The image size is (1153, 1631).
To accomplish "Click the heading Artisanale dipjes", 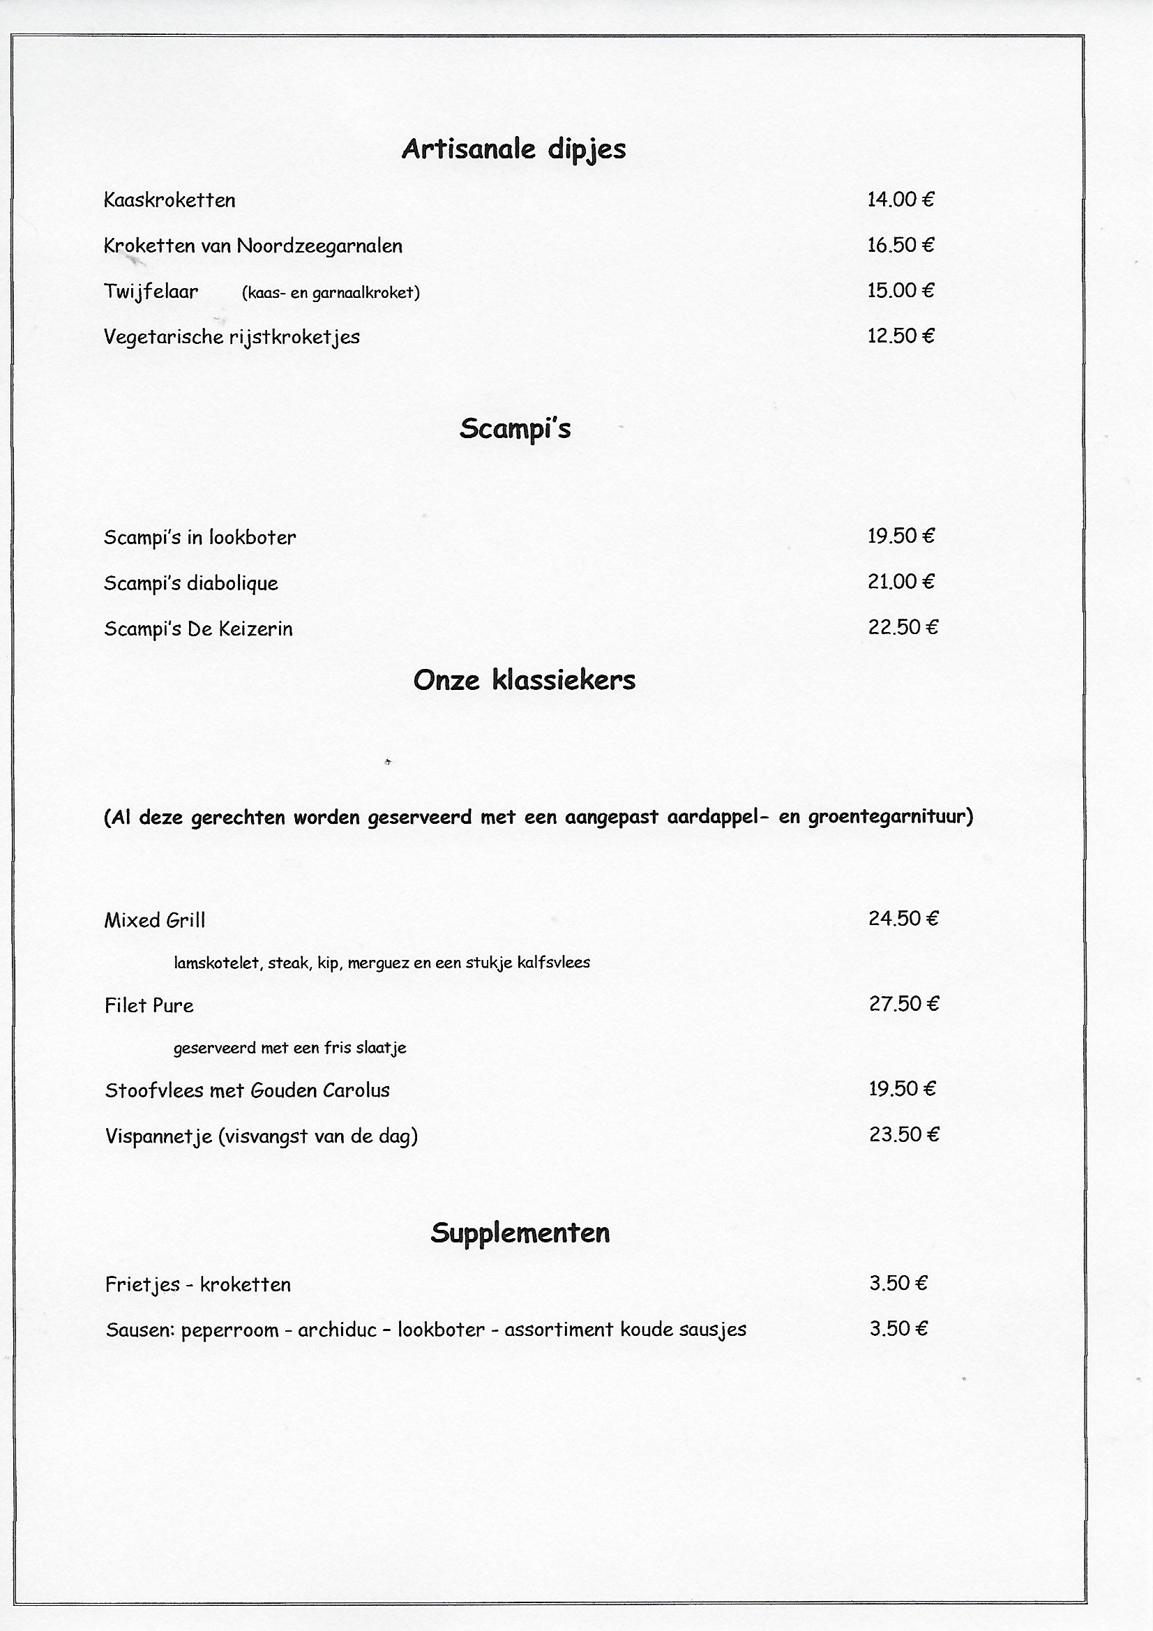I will click(513, 149).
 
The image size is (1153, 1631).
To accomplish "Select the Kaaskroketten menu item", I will click(169, 200).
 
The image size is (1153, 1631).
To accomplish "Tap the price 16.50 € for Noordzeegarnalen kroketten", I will click(900, 245).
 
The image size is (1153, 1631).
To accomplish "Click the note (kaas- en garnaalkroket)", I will click(331, 293).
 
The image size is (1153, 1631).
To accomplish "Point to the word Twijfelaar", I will click(151, 292).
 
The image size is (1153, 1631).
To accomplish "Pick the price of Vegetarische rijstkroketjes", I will click(900, 336).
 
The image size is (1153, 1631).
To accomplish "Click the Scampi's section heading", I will click(515, 429).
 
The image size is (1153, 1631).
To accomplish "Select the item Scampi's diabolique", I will click(190, 583).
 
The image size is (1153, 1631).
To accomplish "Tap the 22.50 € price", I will click(902, 627).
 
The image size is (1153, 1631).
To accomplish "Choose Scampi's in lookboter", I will click(199, 538).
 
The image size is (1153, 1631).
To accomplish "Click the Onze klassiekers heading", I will click(525, 681).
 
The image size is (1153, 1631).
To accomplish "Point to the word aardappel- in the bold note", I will click(718, 817).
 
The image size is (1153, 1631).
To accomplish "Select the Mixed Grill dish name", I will click(154, 921).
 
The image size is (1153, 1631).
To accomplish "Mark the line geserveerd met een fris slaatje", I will click(290, 1048).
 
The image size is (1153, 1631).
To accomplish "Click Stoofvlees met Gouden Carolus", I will click(247, 1090).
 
